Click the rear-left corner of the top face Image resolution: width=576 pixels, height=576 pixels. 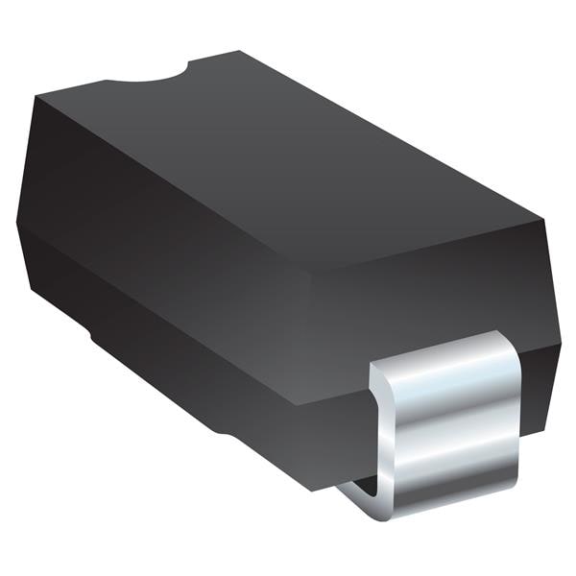click(38, 96)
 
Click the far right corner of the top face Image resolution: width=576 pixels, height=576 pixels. click(545, 221)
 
